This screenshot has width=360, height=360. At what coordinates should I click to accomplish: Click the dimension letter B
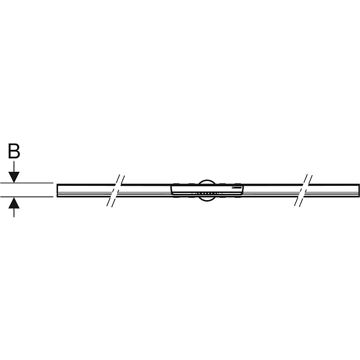click(x=14, y=151)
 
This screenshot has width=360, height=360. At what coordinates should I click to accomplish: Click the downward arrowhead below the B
click(x=14, y=177)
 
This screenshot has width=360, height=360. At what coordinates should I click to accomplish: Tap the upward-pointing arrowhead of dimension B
click(x=14, y=203)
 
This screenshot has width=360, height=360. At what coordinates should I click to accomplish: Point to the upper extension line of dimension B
click(x=27, y=183)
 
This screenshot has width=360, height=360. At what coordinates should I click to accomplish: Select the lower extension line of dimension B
click(x=27, y=197)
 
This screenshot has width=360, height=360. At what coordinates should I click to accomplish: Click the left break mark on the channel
click(x=116, y=191)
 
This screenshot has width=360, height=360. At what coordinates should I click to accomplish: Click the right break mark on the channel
click(x=303, y=191)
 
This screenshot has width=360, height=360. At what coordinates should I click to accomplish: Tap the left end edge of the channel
click(x=57, y=191)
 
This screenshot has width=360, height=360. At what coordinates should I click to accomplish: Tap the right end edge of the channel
click(x=359, y=191)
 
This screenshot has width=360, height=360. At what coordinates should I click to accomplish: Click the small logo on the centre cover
click(x=237, y=188)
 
